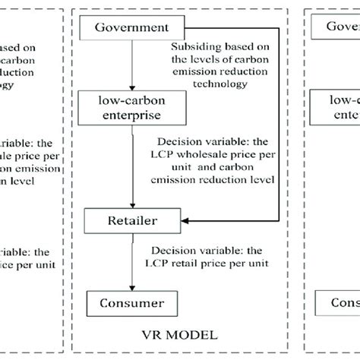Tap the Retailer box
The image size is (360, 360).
134,221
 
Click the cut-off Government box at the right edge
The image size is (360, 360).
342,29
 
